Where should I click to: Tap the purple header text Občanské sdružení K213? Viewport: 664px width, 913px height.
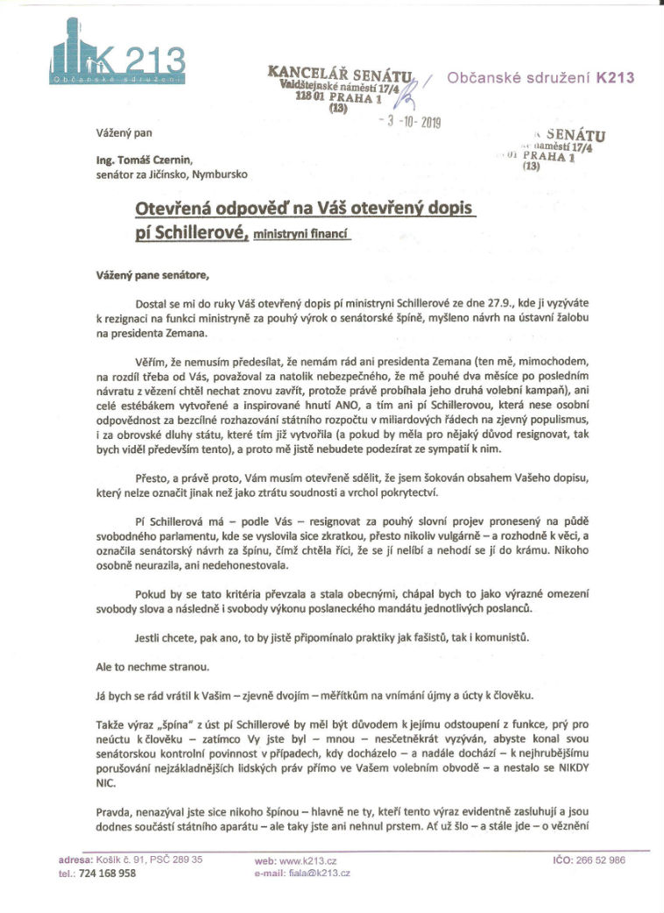(540, 77)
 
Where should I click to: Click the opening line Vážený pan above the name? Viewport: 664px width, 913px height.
(124, 134)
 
